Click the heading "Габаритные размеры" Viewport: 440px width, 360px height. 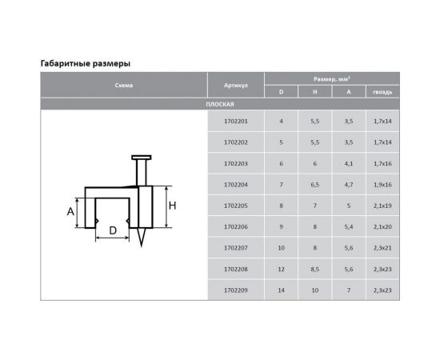pos(86,64)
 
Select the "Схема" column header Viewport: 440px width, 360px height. pos(124,86)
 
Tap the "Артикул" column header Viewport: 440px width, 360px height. pos(236,86)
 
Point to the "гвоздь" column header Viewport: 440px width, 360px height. pos(382,92)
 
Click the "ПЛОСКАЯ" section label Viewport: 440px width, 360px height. pos(220,104)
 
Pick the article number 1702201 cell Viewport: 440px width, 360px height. pos(236,122)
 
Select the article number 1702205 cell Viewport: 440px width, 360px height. pos(236,206)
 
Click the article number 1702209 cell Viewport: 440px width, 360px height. pos(236,290)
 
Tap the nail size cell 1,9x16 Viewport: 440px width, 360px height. pos(382,185)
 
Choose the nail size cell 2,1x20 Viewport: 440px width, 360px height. pos(382,226)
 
